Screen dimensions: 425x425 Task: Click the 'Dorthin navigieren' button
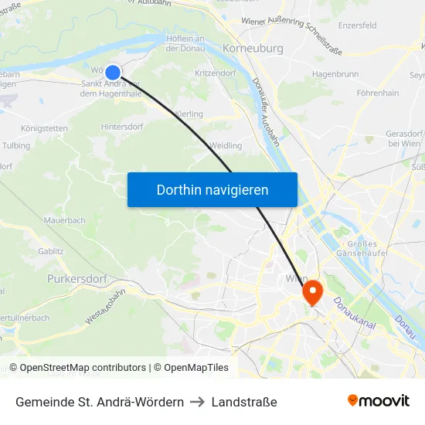tap(212, 189)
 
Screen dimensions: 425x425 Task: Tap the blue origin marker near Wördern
tap(113, 72)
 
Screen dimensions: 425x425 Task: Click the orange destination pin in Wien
tap(313, 292)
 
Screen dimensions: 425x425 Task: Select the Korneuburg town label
tap(253, 48)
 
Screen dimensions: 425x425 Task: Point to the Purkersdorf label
tap(76, 278)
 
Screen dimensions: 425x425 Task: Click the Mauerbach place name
tap(66, 220)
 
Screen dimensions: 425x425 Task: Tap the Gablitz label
tap(50, 251)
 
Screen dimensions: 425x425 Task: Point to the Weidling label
tap(226, 145)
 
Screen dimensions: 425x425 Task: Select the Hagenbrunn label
tap(335, 74)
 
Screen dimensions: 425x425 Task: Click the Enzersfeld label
tap(358, 25)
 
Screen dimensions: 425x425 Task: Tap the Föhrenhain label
tap(378, 93)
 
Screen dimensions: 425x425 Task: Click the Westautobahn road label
tap(105, 306)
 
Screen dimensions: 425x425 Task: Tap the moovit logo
tap(379, 400)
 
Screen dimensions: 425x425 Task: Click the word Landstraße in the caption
tap(244, 402)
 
